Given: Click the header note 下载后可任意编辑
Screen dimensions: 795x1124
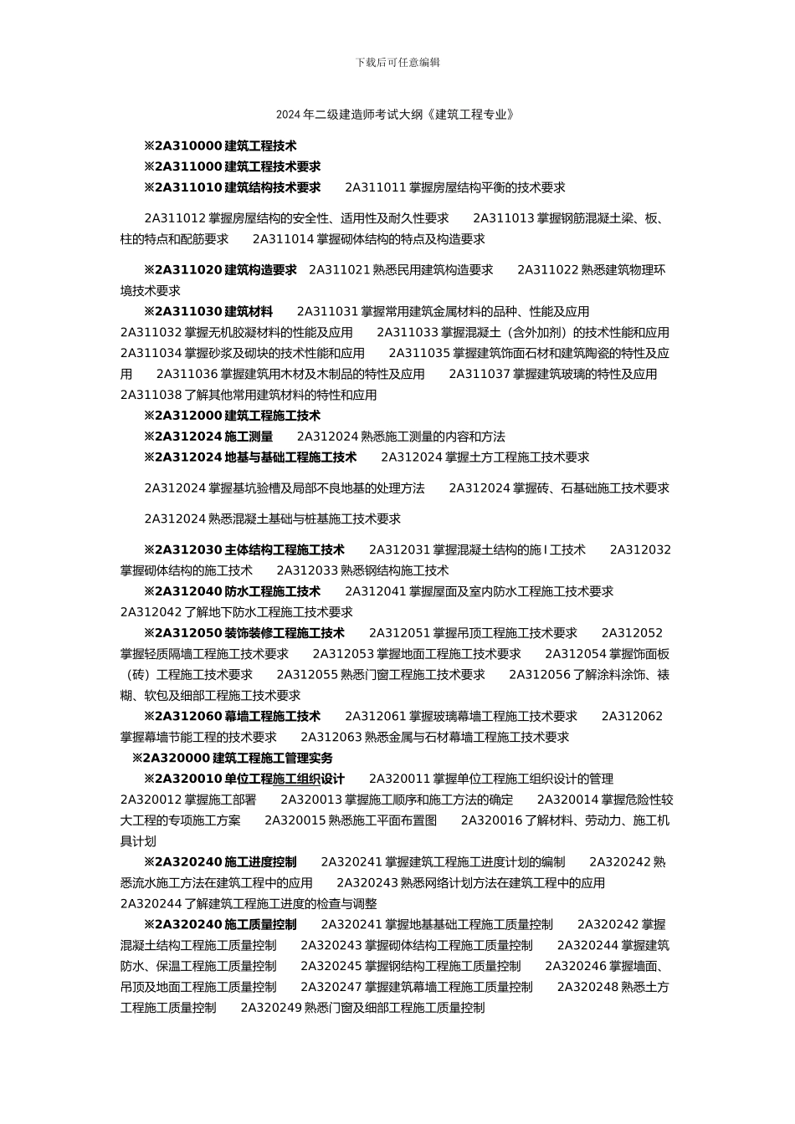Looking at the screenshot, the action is (x=397, y=63).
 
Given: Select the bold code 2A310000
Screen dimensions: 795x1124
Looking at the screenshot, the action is (x=188, y=146).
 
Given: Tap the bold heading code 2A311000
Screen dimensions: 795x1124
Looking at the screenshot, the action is (x=188, y=167).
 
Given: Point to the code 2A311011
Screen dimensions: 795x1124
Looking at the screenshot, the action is (x=375, y=188).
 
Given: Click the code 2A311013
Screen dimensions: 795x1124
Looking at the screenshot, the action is (x=503, y=219).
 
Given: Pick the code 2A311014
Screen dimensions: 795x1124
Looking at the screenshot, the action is (x=282, y=240).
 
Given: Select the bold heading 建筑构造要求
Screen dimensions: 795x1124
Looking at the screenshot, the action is (x=261, y=270).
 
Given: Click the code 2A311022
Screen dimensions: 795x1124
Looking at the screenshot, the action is (x=547, y=270).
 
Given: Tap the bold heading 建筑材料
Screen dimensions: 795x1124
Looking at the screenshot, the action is (x=249, y=312).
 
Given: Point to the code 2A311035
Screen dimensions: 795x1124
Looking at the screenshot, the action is (x=418, y=354).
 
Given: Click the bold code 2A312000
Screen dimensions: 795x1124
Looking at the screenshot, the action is (x=188, y=416).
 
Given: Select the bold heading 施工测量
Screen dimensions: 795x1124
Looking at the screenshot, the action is (x=249, y=437).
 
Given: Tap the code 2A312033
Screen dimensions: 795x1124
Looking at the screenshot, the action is (x=306, y=571).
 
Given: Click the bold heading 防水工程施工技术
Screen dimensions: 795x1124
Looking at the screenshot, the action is (x=273, y=592).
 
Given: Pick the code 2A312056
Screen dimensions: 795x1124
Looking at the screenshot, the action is (x=539, y=675).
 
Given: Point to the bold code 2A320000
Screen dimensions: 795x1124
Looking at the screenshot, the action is (x=177, y=759).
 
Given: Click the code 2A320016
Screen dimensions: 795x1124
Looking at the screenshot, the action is (x=491, y=821).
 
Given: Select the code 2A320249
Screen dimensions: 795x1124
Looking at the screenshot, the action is (x=270, y=1009).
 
